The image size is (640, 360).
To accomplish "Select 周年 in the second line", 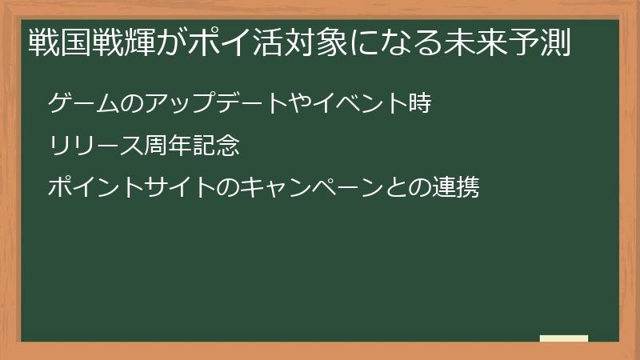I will click(x=170, y=146).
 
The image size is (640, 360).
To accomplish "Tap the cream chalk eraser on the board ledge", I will click(x=564, y=338).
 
